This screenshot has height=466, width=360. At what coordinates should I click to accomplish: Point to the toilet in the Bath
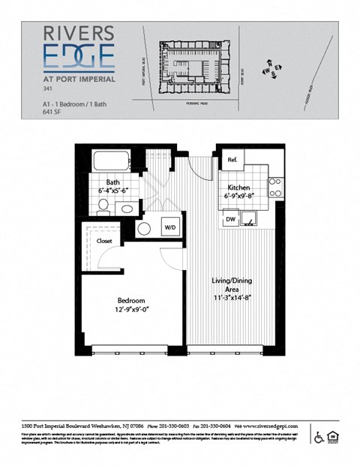tap(128, 209)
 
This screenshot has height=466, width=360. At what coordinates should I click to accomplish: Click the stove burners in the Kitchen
tap(274, 186)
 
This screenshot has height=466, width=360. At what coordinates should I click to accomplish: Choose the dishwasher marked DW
tap(232, 219)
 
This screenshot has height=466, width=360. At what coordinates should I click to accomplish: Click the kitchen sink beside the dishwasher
tap(253, 218)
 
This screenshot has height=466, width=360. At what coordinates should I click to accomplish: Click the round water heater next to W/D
tap(144, 228)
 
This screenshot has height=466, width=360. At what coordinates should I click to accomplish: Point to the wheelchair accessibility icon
tap(319, 437)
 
